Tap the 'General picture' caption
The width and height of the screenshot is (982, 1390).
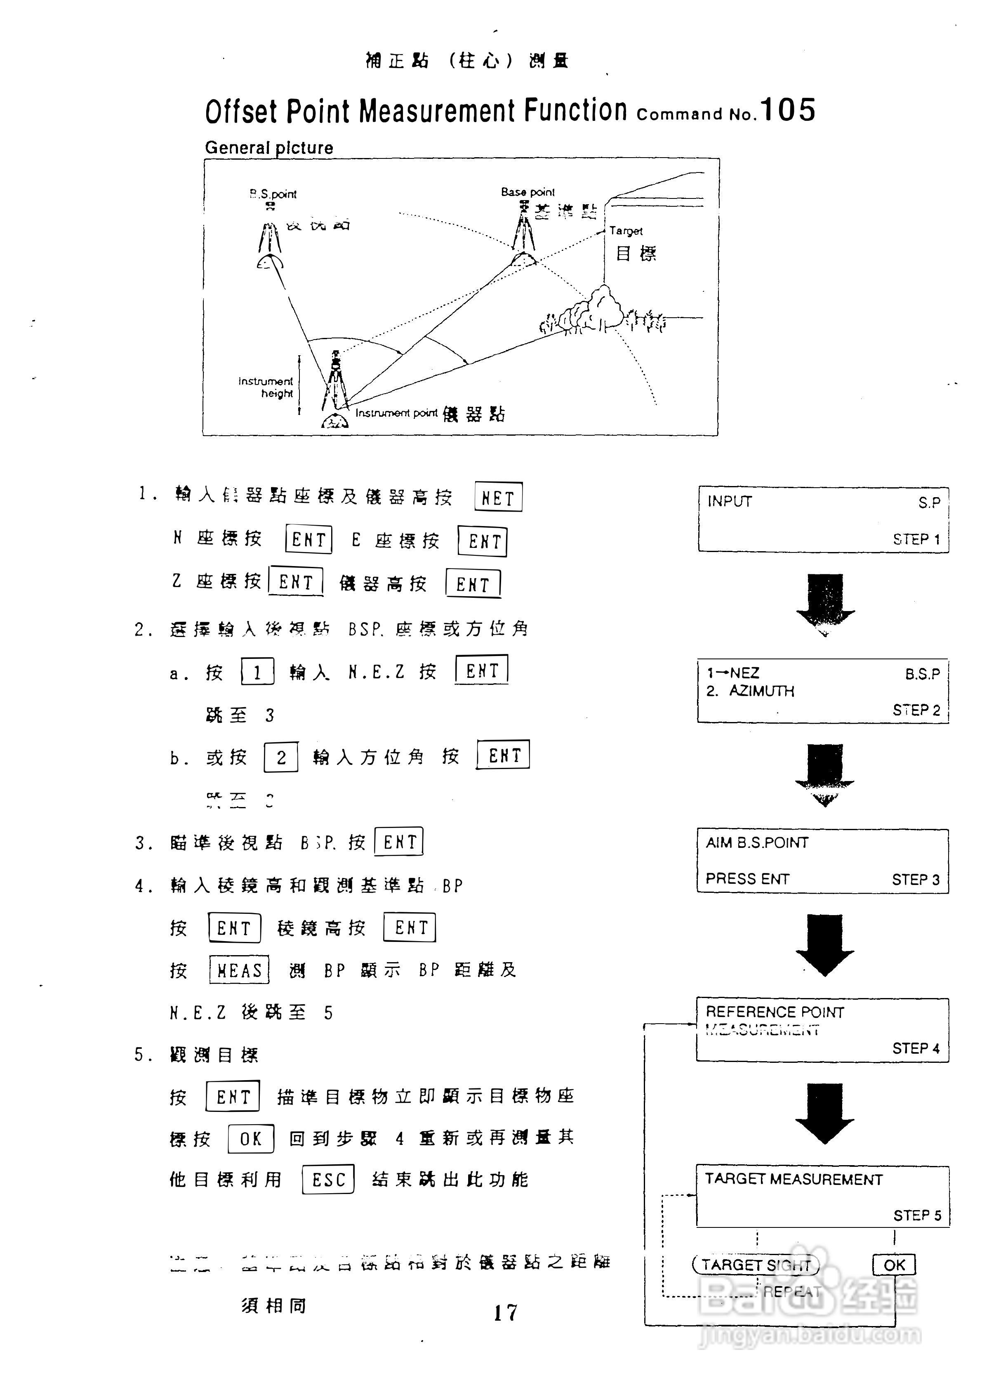point(268,148)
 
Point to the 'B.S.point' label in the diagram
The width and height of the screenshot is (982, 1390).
point(273,194)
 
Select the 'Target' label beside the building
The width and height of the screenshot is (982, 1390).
point(626,231)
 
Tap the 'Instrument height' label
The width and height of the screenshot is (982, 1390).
point(266,387)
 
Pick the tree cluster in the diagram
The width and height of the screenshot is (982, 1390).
point(596,312)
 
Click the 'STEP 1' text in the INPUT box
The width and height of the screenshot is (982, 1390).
point(916,539)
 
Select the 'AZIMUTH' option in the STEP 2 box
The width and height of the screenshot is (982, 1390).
point(761,691)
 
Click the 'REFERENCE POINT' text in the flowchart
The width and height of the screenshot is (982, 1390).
point(775,1012)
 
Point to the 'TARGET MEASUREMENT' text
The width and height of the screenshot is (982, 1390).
point(793,1179)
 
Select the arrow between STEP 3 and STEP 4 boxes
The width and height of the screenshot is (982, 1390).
point(824,944)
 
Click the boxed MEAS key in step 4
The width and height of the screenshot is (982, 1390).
point(239,970)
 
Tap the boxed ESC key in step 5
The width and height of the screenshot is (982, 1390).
point(328,1179)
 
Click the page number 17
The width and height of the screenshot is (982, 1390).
point(505,1312)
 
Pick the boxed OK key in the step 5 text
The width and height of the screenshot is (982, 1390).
point(250,1139)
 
